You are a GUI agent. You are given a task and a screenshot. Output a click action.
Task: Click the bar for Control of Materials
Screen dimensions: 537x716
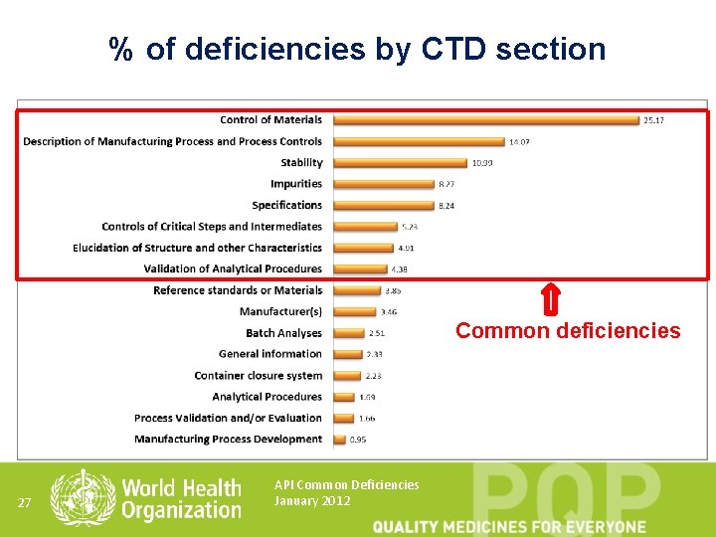tap(485, 120)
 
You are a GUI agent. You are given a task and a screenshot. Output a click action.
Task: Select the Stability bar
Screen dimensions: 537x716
tap(400, 163)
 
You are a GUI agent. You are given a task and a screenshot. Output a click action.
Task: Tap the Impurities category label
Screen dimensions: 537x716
tap(296, 184)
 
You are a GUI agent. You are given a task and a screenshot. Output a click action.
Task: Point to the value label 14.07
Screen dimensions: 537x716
tap(519, 142)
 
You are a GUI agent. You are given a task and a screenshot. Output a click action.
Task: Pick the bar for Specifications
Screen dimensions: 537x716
tap(383, 206)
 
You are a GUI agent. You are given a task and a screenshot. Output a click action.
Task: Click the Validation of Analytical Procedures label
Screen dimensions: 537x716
tap(233, 269)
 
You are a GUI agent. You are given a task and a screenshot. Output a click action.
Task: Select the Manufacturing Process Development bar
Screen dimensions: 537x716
tap(339, 440)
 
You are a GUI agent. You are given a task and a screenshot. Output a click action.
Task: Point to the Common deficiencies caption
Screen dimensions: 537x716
tap(568, 331)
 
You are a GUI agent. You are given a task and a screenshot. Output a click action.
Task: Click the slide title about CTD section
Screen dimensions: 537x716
tap(357, 49)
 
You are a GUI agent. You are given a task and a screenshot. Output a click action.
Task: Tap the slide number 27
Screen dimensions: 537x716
tap(27, 502)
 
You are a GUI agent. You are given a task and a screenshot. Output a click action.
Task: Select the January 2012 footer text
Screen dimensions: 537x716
tap(312, 501)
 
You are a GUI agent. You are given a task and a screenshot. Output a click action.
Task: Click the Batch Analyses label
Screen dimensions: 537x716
tap(284, 333)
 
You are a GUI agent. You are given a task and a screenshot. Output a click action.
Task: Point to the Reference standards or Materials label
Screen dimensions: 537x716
tap(238, 290)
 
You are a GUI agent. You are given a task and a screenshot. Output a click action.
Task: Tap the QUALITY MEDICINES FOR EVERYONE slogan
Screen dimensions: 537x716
tap(509, 526)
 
